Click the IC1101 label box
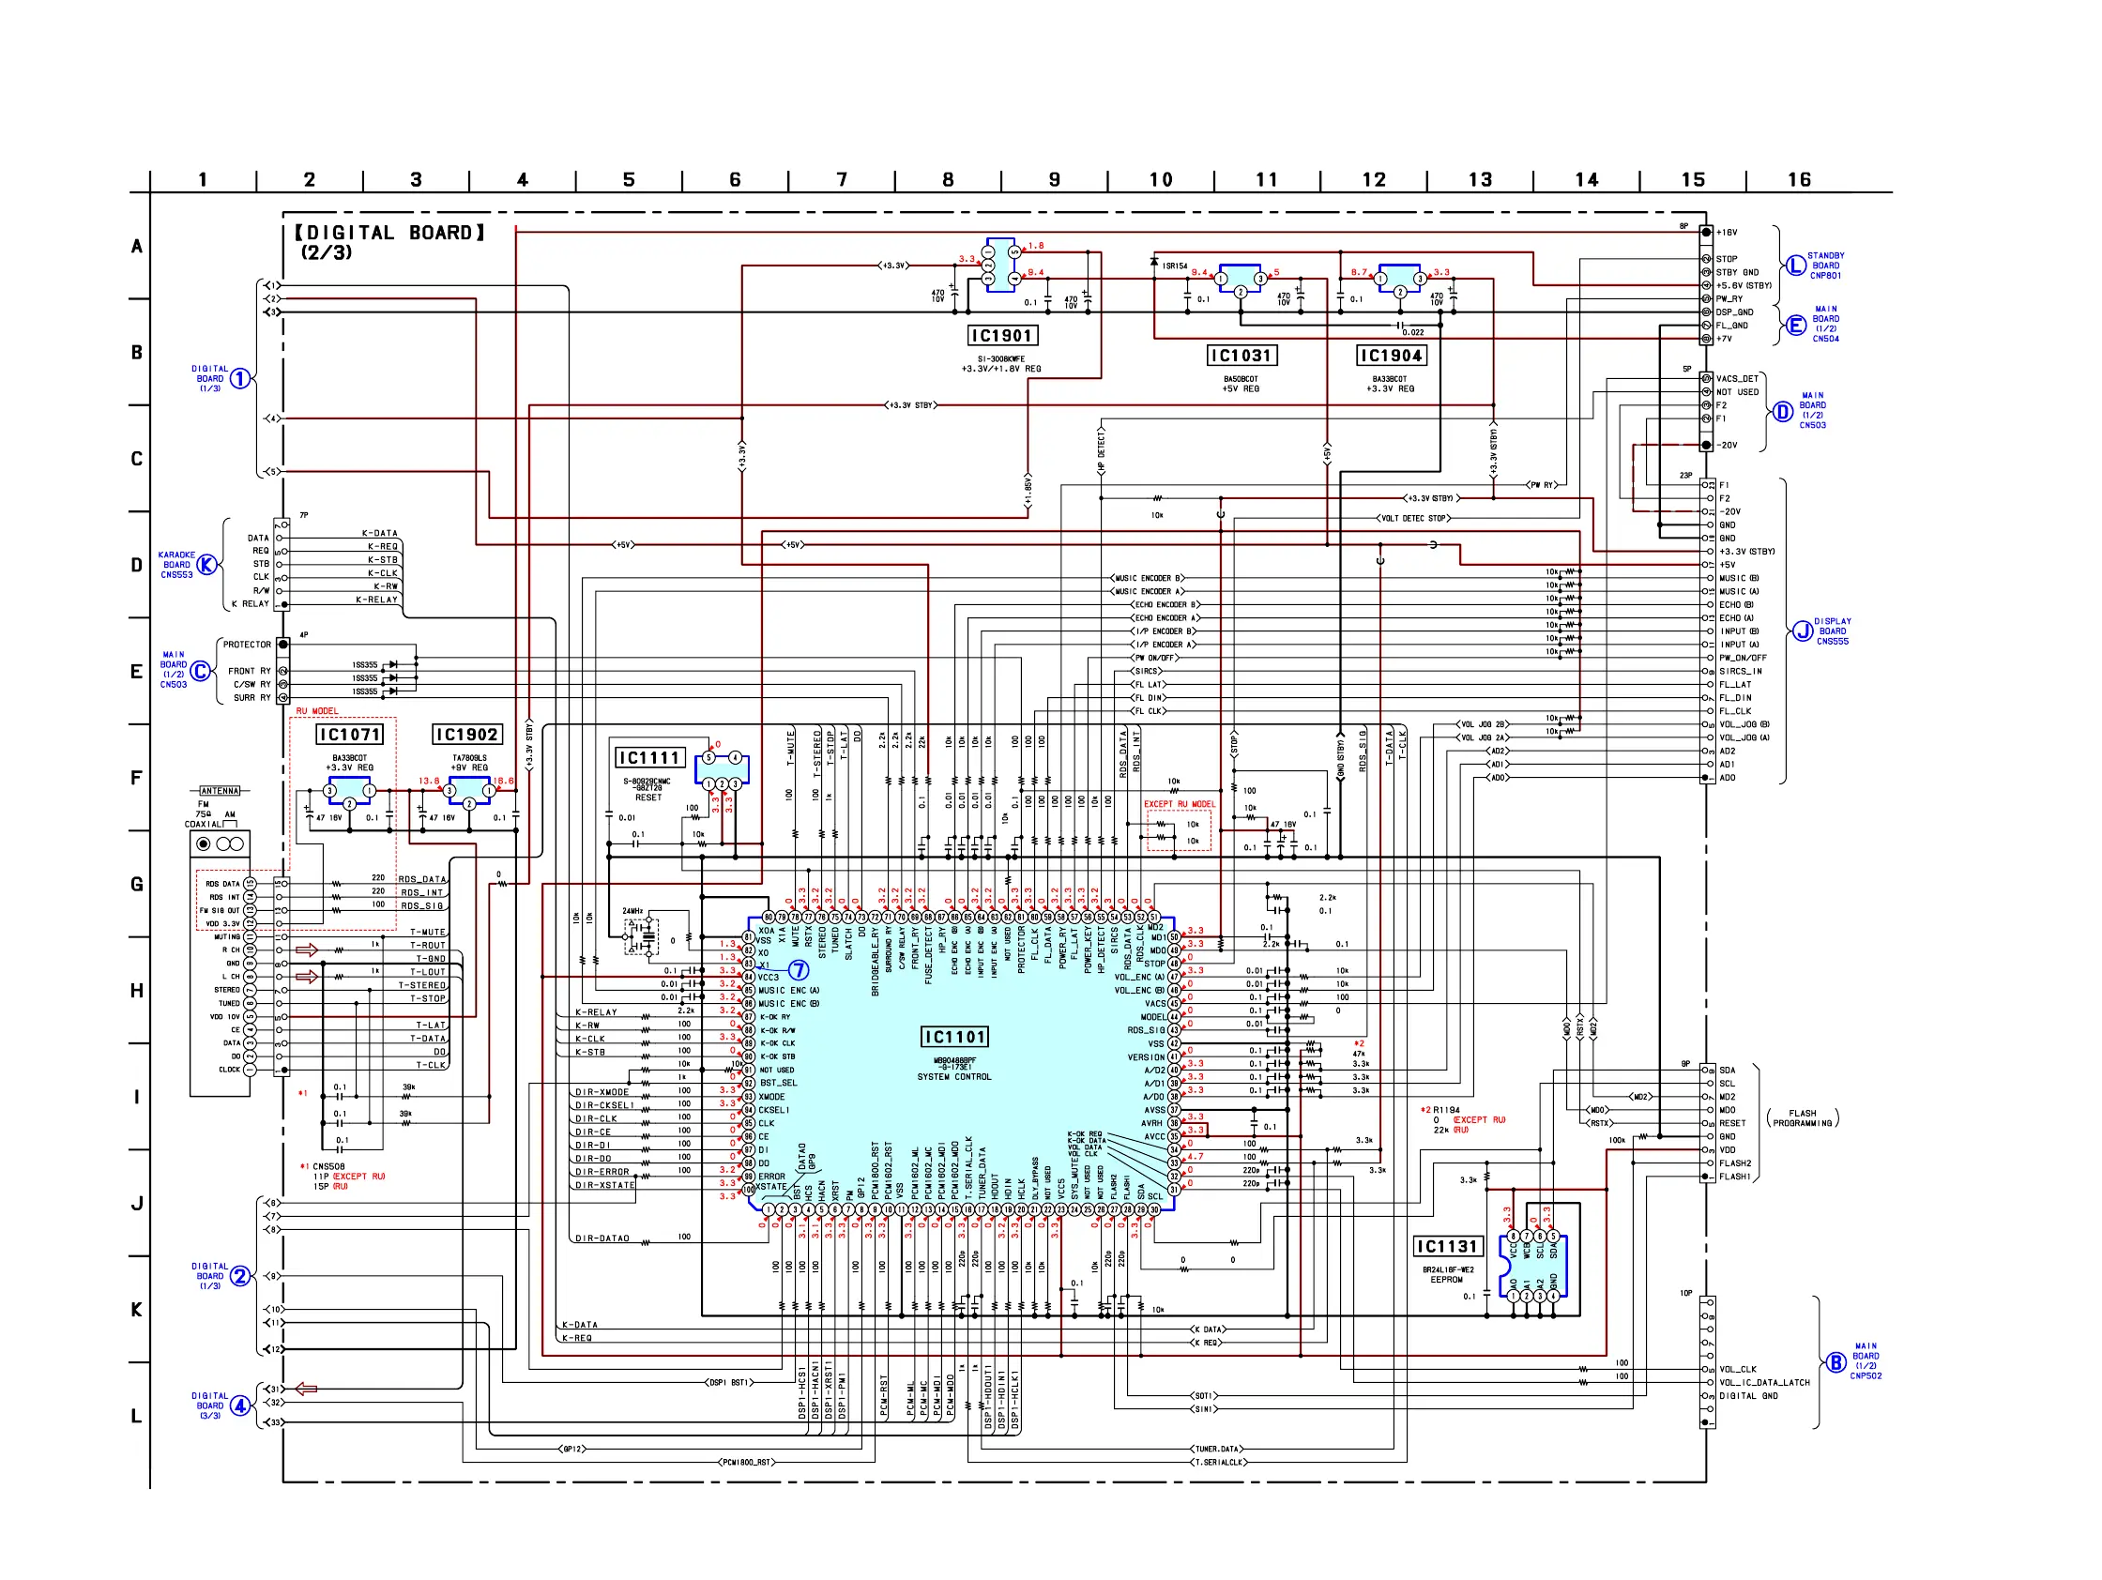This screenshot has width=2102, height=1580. click(x=955, y=1037)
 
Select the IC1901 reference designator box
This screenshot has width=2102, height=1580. click(x=1001, y=335)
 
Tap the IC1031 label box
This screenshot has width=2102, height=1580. click(x=1241, y=356)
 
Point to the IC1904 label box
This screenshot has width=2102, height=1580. click(x=1391, y=356)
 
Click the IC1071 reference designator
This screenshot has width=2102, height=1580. click(x=350, y=735)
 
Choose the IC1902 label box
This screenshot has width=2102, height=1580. click(x=465, y=735)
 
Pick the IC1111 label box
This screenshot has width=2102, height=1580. click(x=650, y=757)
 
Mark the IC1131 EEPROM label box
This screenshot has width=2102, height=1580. click(x=1447, y=1247)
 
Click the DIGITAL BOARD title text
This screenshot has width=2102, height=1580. click(x=389, y=233)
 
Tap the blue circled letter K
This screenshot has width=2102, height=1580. click(x=206, y=565)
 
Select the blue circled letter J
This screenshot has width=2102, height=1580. click(x=1802, y=630)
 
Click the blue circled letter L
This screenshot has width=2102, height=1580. click(x=1794, y=266)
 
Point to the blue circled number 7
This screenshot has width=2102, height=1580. click(x=799, y=970)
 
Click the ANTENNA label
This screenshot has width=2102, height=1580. click(x=220, y=791)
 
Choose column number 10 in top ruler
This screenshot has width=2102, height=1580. click(x=1160, y=179)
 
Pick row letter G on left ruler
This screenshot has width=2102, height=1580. click(x=137, y=884)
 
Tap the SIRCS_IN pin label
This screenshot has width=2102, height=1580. click(x=1740, y=671)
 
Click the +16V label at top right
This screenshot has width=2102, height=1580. click(x=1726, y=232)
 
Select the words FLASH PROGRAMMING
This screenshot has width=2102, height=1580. click(x=1802, y=1117)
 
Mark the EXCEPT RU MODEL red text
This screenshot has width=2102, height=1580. click(x=1179, y=804)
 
